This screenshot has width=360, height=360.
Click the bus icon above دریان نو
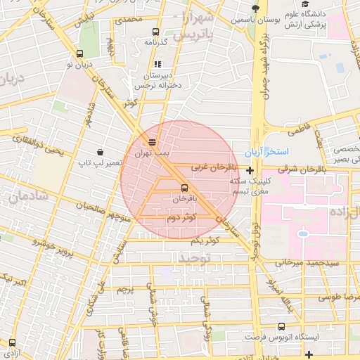(79, 54)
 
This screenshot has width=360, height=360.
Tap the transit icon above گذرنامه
(155, 32)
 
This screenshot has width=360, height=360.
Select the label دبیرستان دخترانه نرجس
(160, 79)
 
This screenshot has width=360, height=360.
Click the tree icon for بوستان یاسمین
(255, 8)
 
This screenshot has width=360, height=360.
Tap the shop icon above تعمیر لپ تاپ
(101, 152)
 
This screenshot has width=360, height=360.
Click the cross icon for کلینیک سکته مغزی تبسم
(250, 169)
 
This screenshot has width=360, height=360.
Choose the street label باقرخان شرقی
(302, 169)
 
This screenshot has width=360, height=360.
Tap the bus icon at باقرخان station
(184, 188)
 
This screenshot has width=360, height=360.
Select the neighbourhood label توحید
(193, 257)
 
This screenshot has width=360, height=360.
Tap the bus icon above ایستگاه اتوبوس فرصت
(282, 326)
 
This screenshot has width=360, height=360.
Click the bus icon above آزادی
(12, 342)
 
